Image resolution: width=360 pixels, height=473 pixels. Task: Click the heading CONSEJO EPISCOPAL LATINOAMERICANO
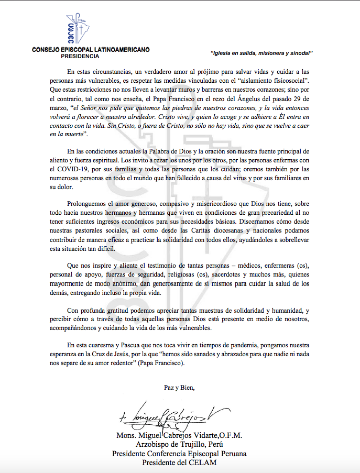[x=91, y=49]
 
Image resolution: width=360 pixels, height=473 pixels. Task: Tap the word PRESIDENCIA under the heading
[x=80, y=56]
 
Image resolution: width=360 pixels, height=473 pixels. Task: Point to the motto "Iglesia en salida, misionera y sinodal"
[x=261, y=53]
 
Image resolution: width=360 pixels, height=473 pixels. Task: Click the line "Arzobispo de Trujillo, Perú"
[x=179, y=445]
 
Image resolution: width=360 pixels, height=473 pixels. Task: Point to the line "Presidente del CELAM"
[x=179, y=463]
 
